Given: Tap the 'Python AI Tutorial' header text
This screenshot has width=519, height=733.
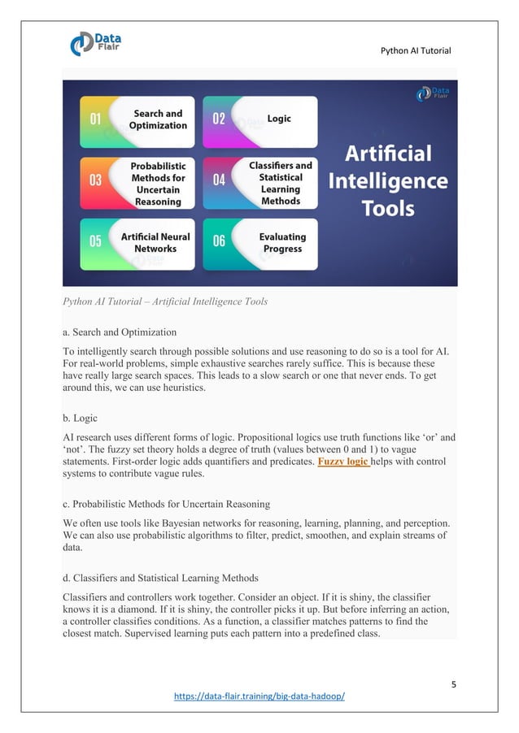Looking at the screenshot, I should [x=415, y=52].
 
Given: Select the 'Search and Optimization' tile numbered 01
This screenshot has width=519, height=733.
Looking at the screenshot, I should [x=137, y=120].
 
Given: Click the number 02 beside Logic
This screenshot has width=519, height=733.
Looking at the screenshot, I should [x=219, y=119].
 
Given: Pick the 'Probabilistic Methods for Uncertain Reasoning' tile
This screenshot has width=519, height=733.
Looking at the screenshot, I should [x=137, y=183].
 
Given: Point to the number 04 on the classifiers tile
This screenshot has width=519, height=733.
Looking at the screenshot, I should [x=219, y=180].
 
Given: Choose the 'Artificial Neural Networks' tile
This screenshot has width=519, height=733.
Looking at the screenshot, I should [x=137, y=243].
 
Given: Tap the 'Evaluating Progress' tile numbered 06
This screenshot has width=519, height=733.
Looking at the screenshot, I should [x=259, y=243].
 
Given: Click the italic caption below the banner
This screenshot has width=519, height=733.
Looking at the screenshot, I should [x=164, y=302].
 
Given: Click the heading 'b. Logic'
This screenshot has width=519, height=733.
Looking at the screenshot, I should [x=80, y=419].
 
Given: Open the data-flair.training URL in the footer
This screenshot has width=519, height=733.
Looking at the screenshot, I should [x=259, y=697].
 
